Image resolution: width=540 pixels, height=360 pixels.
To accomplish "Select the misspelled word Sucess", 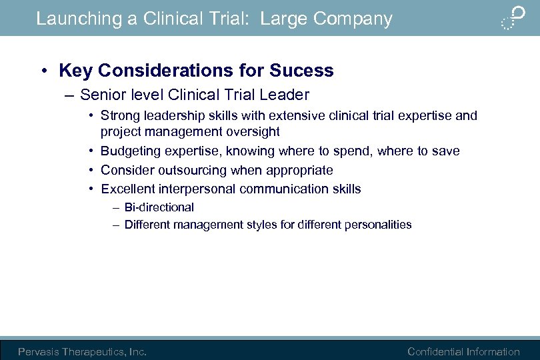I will pos(301,71).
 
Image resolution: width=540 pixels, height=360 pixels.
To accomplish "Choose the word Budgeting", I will pos(129,151).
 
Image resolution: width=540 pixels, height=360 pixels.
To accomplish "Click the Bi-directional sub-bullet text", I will pos(159,207).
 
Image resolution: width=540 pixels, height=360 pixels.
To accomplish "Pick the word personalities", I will pos(378,225).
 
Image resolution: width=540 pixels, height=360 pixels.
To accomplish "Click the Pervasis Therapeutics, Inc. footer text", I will pos(82,351).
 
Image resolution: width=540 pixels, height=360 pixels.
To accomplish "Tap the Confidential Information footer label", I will pos(463,351).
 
